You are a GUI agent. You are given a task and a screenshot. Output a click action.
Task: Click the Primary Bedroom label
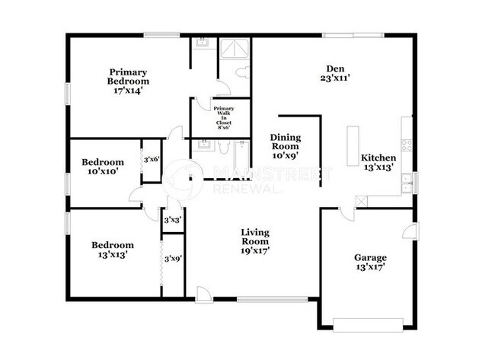click(x=128, y=81)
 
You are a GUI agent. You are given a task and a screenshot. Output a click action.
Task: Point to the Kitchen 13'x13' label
click(x=378, y=163)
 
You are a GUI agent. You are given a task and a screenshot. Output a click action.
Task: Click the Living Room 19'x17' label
click(x=255, y=241)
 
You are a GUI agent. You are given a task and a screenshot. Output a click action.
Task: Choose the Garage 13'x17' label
click(x=369, y=262)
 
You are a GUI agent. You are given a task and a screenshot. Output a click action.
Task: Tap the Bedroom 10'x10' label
click(x=103, y=167)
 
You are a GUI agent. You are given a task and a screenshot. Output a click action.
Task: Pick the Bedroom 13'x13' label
click(x=113, y=250)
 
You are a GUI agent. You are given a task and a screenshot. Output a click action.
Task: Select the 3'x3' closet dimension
click(x=173, y=220)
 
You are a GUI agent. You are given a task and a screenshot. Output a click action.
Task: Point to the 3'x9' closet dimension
click(x=173, y=259)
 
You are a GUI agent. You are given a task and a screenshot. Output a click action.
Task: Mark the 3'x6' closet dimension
click(x=152, y=160)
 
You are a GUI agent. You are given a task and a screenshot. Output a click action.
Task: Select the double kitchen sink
click(x=408, y=182)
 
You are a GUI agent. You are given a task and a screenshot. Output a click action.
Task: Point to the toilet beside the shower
click(x=241, y=72)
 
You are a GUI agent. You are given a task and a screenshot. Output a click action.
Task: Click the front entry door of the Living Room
click(x=203, y=294)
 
